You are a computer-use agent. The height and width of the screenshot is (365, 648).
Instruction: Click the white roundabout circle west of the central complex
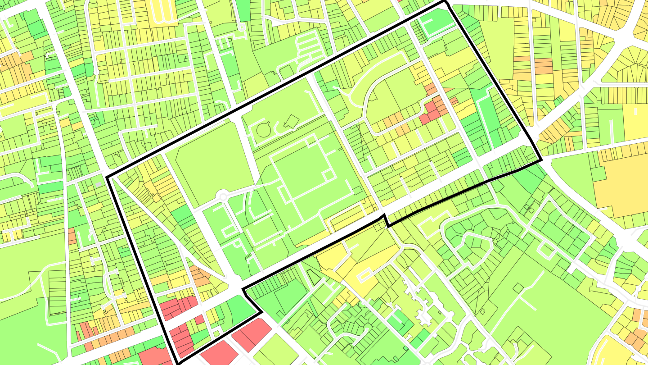coord(223,196)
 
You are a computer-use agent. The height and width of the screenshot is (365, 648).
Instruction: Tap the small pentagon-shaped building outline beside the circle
coord(291,121)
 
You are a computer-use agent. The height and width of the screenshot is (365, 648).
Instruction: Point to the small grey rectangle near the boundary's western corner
coord(99,185)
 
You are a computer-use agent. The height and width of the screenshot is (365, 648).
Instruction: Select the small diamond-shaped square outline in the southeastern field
coord(519,288)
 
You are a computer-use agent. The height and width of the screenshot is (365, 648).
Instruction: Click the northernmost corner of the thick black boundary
coord(445,2)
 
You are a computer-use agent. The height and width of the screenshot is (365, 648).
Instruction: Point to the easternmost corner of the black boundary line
coord(540,160)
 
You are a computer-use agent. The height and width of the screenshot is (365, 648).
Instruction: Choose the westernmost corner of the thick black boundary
coord(107,177)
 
